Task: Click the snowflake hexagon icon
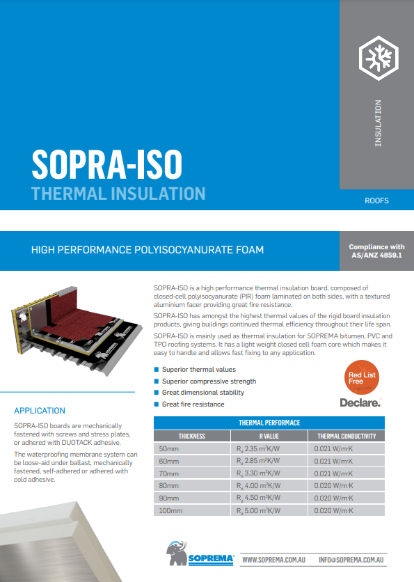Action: tap(376, 56)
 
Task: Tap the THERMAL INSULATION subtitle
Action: tap(118, 193)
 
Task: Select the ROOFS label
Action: tap(376, 200)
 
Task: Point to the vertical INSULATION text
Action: tap(378, 123)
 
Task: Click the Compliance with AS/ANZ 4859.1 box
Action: tap(376, 251)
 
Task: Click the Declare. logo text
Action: tap(360, 402)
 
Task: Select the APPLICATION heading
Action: tap(40, 411)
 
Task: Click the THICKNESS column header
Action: tap(191, 436)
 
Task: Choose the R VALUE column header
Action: tap(269, 436)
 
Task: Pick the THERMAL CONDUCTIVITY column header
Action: tap(346, 436)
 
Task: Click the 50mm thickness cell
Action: tap(168, 448)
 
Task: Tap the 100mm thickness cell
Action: tap(170, 511)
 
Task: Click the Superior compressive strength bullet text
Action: tap(209, 382)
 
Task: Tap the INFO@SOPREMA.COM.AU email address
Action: tap(352, 560)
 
